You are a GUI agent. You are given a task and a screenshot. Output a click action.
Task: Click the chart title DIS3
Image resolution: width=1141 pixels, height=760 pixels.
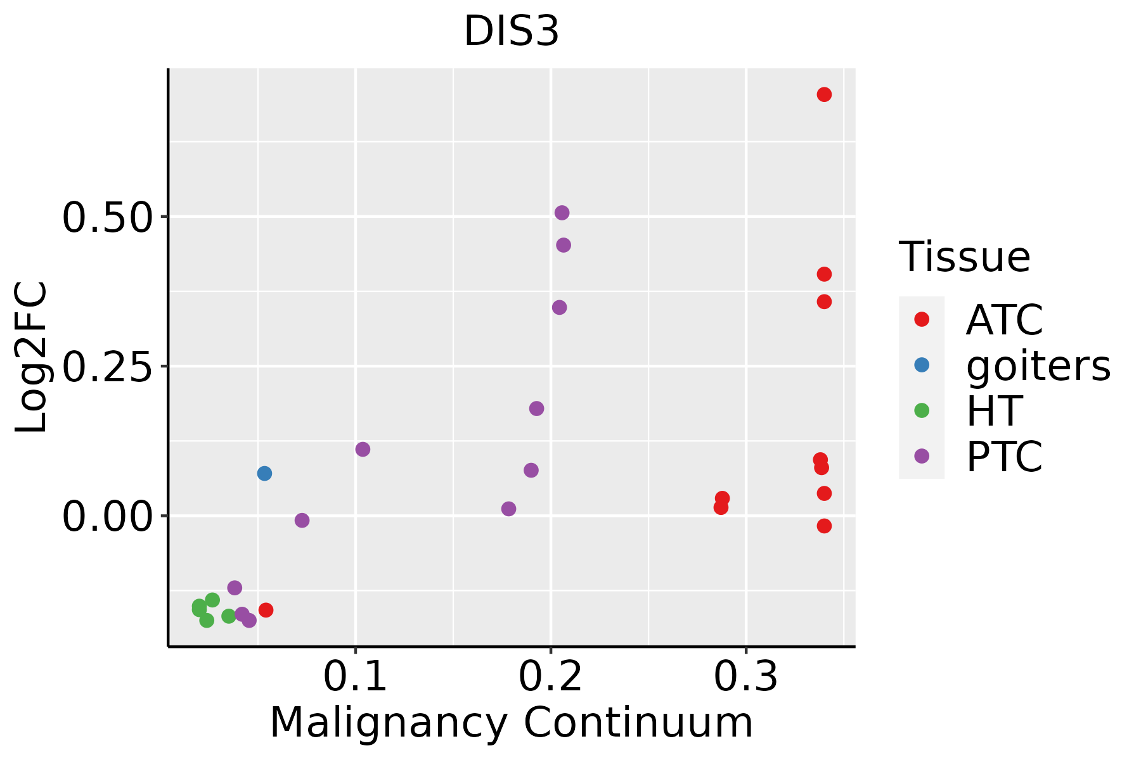click(x=512, y=32)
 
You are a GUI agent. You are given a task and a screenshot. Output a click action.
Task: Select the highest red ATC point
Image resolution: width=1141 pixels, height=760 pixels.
click(x=824, y=95)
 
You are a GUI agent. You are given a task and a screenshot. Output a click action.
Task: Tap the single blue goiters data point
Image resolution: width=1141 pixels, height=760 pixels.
click(x=264, y=474)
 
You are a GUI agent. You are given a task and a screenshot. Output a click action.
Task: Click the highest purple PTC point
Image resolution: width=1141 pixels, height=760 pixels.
click(x=562, y=213)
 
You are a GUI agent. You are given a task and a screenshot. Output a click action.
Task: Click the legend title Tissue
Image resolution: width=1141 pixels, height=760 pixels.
click(x=964, y=257)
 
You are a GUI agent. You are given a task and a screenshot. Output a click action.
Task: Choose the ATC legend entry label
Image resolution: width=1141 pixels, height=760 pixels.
click(x=1004, y=320)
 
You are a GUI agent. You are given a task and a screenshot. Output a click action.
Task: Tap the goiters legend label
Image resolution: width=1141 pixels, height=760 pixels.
click(x=1038, y=365)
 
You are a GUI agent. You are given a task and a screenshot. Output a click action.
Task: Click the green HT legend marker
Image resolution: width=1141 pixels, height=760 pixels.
click(x=922, y=410)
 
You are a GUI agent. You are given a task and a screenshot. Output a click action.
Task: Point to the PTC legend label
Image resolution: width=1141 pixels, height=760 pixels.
click(x=1004, y=457)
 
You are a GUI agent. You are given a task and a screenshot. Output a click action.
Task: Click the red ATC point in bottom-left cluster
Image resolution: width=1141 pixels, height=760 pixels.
click(x=266, y=610)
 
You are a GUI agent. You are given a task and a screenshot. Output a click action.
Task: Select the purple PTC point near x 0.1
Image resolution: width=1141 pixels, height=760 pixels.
click(x=363, y=450)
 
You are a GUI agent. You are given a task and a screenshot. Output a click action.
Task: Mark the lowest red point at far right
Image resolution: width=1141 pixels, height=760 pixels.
click(x=824, y=526)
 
